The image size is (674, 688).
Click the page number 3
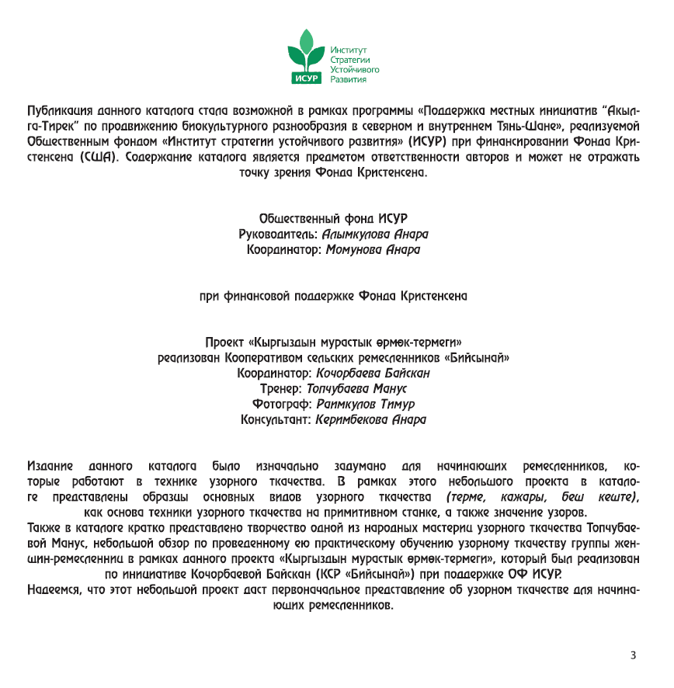[634, 655]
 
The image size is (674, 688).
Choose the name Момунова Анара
[373, 250]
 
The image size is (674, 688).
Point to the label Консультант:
[276, 420]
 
